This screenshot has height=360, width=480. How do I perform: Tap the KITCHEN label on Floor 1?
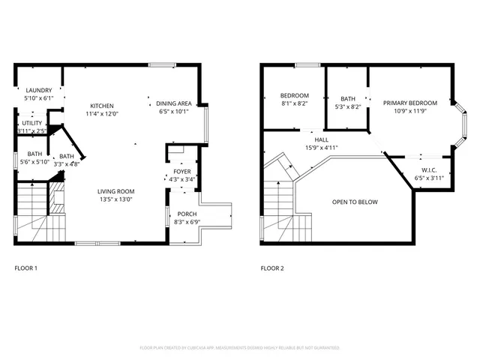(x=102, y=106)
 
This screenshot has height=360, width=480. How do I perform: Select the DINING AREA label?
(x=173, y=103)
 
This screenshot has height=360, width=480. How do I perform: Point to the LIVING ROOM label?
(x=115, y=191)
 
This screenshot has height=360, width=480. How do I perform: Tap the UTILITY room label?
(x=31, y=122)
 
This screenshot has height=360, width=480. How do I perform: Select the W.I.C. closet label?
(x=429, y=169)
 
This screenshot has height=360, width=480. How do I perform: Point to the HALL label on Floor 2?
(x=321, y=139)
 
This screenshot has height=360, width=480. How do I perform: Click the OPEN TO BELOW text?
(x=355, y=202)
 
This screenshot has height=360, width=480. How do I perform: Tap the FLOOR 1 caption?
(x=25, y=268)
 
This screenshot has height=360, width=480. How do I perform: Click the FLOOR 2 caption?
(x=271, y=268)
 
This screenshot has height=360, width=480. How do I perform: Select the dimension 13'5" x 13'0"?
(x=115, y=199)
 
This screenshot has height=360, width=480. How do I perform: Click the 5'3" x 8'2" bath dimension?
(x=348, y=106)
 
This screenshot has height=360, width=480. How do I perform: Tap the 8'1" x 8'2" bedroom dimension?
(x=295, y=103)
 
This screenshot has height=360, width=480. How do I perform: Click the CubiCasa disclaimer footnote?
(x=240, y=348)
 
